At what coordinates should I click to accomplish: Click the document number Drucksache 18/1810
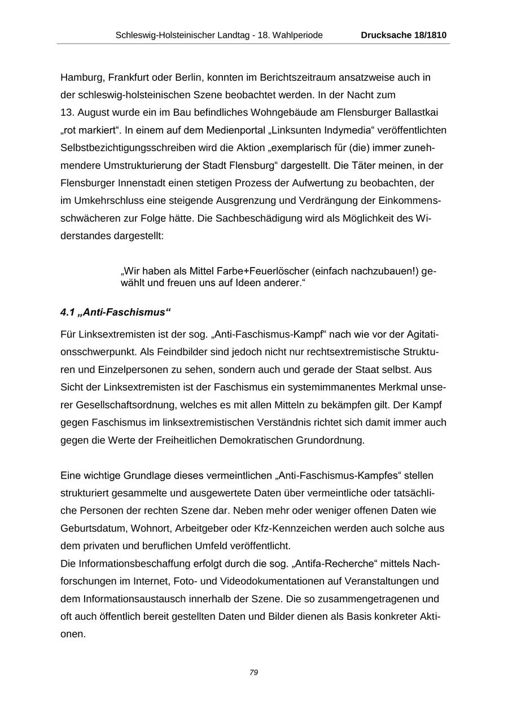tap(404, 35)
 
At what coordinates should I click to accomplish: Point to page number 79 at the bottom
tap(253, 672)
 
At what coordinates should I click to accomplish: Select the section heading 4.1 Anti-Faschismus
tap(115, 312)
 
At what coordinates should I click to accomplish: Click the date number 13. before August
tap(67, 112)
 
